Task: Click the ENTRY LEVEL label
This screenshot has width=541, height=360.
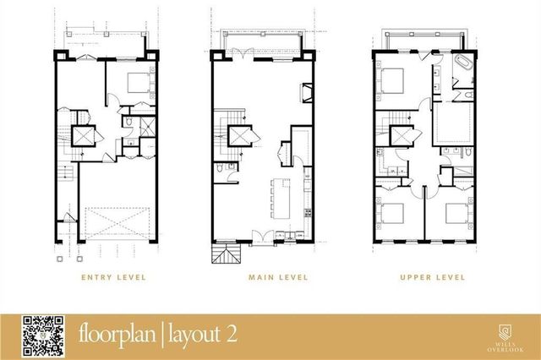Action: [x=112, y=276]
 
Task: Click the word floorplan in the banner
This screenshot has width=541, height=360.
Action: [x=117, y=334]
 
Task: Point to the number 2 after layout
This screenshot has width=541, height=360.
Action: [x=231, y=334]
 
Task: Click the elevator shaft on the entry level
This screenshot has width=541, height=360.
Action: [x=85, y=134]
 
